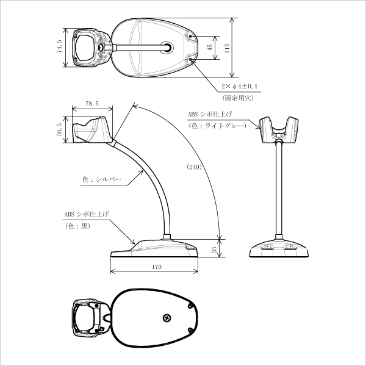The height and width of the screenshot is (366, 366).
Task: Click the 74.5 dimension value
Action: (x=59, y=47)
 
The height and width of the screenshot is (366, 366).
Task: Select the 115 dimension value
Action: (x=227, y=48)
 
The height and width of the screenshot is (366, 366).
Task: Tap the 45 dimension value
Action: (x=210, y=46)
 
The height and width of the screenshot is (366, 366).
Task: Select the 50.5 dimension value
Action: (x=59, y=130)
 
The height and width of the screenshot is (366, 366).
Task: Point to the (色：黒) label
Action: (x=77, y=226)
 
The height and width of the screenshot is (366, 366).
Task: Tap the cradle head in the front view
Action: (x=281, y=130)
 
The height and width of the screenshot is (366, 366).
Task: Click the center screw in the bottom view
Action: (x=167, y=318)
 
